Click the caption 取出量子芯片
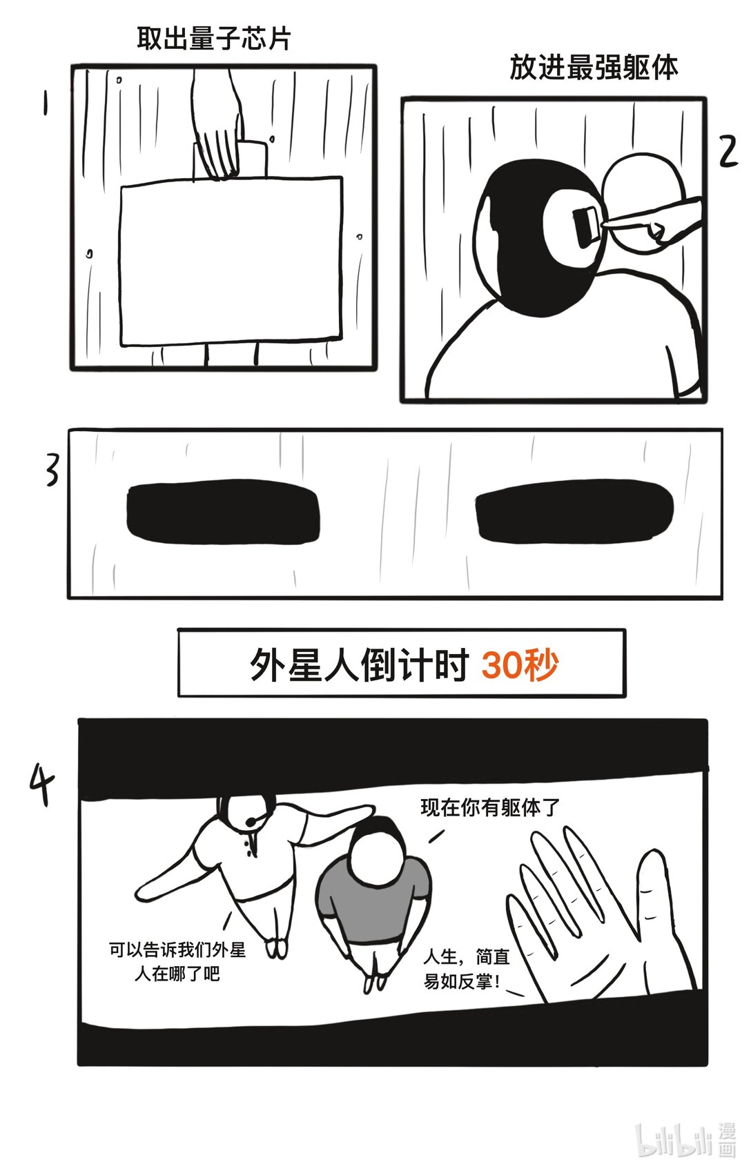[213, 39]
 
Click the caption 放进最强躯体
[594, 68]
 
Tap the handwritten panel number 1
[46, 105]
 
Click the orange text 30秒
[520, 665]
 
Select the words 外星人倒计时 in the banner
[359, 665]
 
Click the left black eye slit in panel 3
[223, 513]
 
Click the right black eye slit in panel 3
[574, 511]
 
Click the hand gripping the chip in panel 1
[217, 131]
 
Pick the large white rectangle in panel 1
[231, 262]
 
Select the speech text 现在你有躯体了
[490, 807]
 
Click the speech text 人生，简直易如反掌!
[466, 969]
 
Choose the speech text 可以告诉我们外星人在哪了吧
[177, 962]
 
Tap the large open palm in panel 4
[601, 918]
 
